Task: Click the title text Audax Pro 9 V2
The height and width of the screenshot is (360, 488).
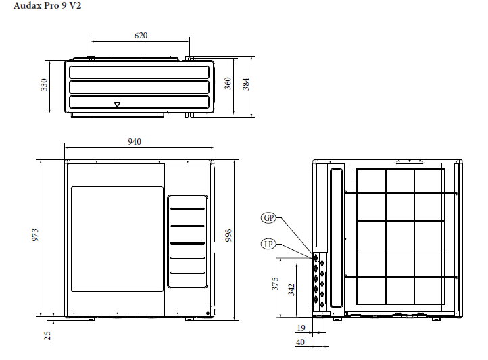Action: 47,5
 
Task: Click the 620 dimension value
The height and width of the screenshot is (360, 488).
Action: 141,36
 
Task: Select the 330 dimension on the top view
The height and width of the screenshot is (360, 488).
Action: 44,85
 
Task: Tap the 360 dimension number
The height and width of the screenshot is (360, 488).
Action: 228,84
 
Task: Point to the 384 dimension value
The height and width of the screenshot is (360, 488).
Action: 246,84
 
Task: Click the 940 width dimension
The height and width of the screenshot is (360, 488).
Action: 135,142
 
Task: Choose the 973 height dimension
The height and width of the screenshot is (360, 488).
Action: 35,235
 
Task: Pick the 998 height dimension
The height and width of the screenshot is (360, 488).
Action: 228,235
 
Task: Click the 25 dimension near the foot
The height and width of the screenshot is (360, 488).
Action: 47,336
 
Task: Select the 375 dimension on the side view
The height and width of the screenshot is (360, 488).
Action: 275,284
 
